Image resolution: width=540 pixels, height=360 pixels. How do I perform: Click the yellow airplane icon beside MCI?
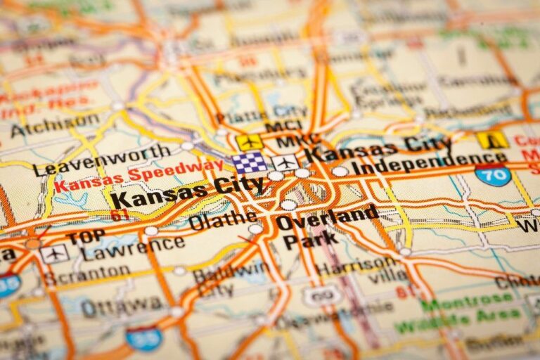click(x=249, y=142)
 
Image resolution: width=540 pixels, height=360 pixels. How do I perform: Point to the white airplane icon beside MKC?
click(x=285, y=162)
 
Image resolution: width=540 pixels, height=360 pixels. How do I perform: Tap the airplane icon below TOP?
click(x=54, y=253)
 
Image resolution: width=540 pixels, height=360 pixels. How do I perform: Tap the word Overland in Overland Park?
click(x=328, y=217)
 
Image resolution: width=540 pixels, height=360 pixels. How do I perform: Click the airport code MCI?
click(x=283, y=127)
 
